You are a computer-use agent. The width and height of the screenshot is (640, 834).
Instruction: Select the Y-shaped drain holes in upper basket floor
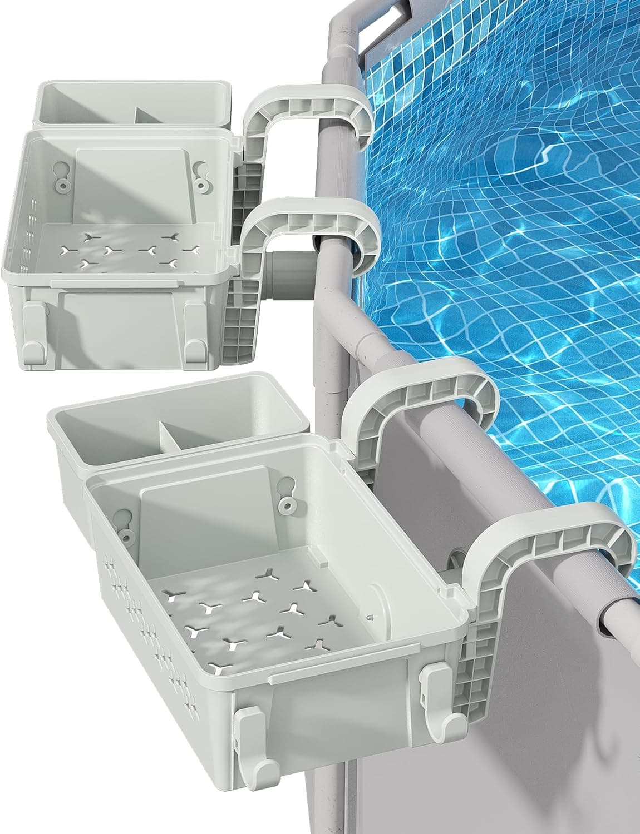point(128,248)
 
